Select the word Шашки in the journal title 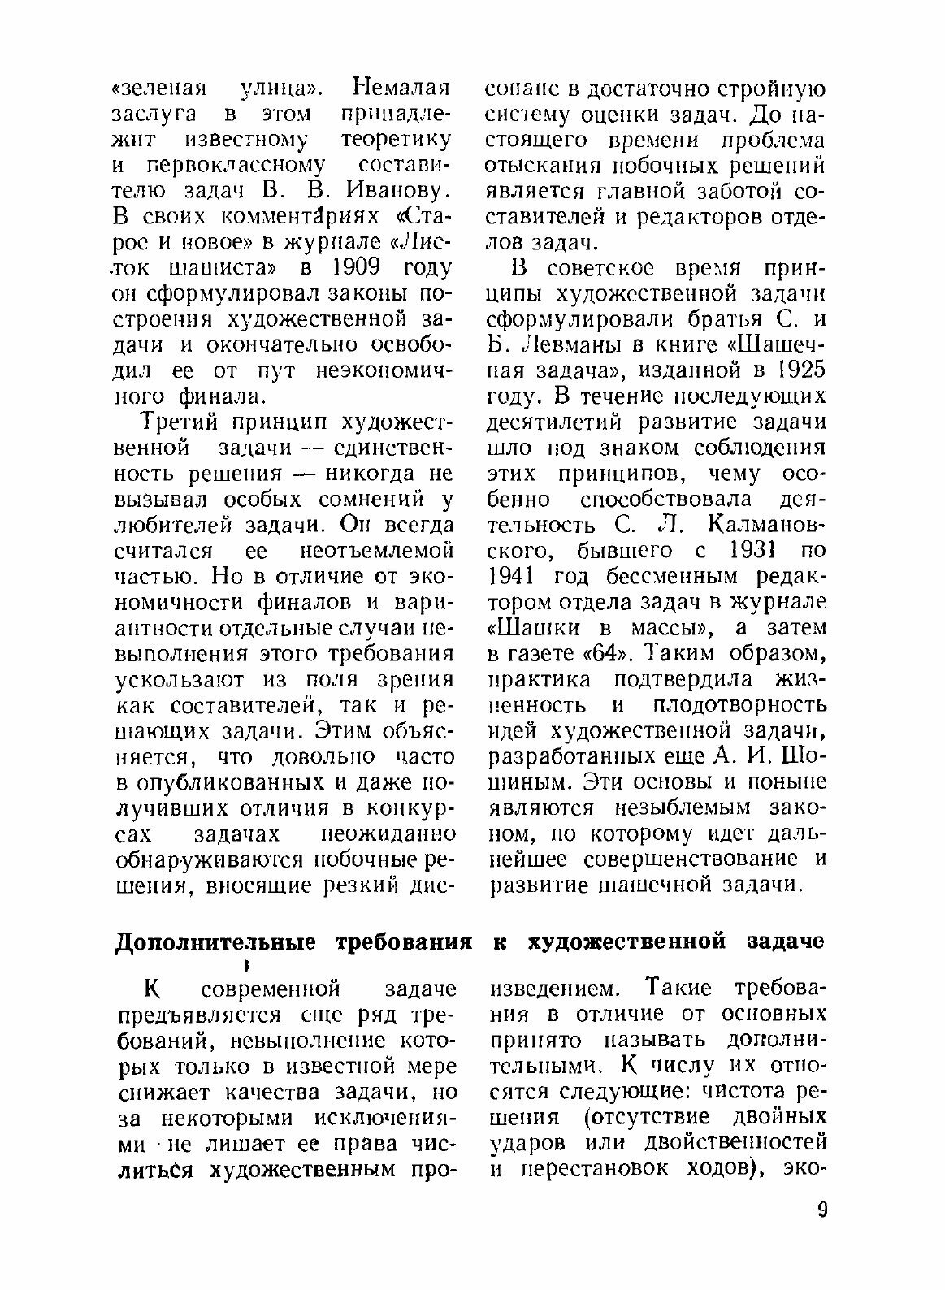(x=532, y=627)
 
